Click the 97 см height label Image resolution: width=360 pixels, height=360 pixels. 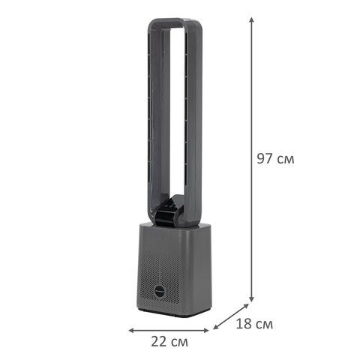coord(275,158)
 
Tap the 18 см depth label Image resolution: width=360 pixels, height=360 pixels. coord(254,324)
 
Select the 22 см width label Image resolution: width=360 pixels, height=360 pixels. coord(169,341)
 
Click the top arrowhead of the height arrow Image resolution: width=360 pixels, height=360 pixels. coord(252,20)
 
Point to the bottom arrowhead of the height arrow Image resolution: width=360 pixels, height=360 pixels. coord(252,298)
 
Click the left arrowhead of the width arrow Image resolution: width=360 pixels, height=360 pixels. coord(131,330)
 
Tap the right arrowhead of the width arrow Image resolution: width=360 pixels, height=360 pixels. coord(206,330)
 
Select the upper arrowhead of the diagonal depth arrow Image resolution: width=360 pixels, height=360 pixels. coord(246,306)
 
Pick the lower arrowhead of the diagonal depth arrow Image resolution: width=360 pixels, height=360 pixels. coord(216,327)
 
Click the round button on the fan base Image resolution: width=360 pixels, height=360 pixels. coord(159,291)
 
